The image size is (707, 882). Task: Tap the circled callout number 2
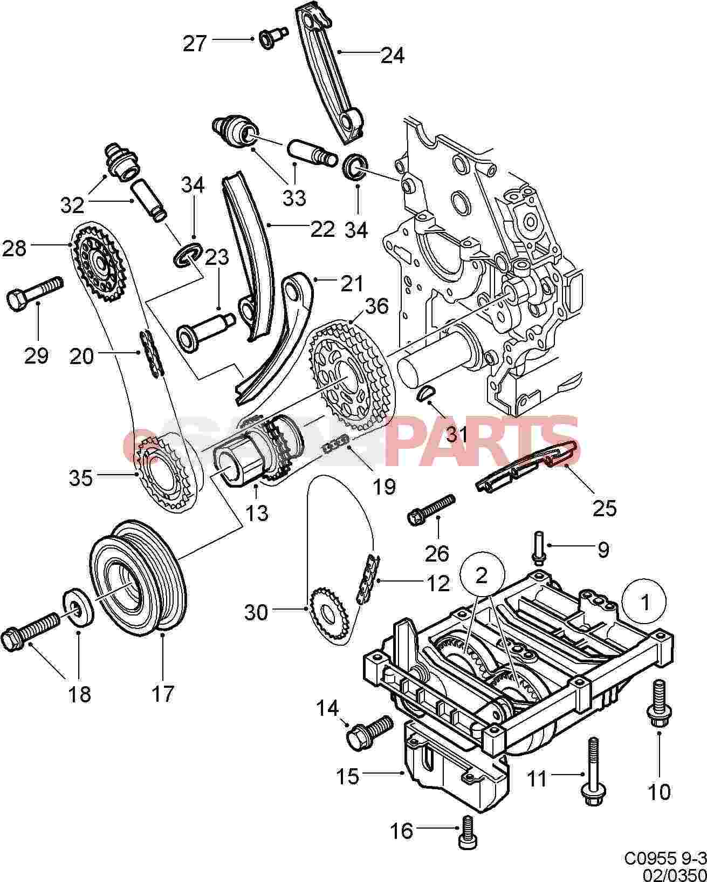[x=482, y=575]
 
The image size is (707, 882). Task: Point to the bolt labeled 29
[x=33, y=291]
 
